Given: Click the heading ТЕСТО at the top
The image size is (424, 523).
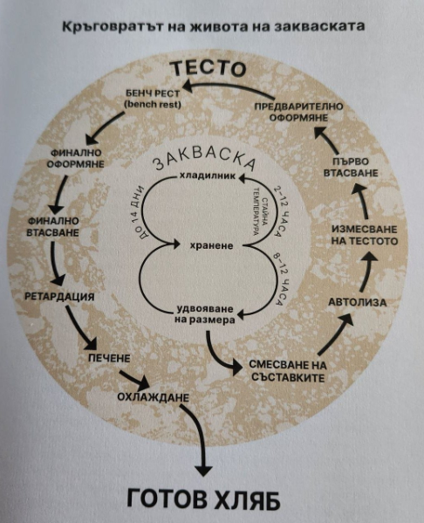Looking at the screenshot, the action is point(209,68).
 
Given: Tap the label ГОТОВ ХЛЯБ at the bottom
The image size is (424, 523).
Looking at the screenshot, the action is point(203,500).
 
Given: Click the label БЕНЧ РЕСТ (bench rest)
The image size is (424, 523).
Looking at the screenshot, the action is point(153,99).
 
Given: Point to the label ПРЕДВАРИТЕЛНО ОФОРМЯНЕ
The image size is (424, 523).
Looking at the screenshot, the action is point(298,112).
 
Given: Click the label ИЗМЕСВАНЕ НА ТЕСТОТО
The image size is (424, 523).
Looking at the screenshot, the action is point(365,235).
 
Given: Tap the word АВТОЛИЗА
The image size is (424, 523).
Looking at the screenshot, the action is point(358,302).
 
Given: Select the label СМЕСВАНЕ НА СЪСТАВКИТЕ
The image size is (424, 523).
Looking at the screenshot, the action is point(288,371).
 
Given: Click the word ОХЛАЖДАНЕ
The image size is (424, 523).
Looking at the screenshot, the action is point(154,397).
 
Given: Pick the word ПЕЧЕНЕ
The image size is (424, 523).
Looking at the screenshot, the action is point(109,358).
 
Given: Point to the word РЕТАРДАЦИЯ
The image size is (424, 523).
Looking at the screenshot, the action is point(60,297).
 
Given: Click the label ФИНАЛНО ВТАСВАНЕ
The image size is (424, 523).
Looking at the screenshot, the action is point(52,226).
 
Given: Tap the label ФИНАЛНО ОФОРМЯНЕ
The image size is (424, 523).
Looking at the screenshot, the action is point(76,158).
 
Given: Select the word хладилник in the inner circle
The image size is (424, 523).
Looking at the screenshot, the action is point(208,175).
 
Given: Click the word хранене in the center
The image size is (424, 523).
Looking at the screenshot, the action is point(211,246).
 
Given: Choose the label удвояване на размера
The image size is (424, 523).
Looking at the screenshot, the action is point(205,314).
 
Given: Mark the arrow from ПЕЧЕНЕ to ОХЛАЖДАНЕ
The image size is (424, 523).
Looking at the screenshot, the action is point(134,379).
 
